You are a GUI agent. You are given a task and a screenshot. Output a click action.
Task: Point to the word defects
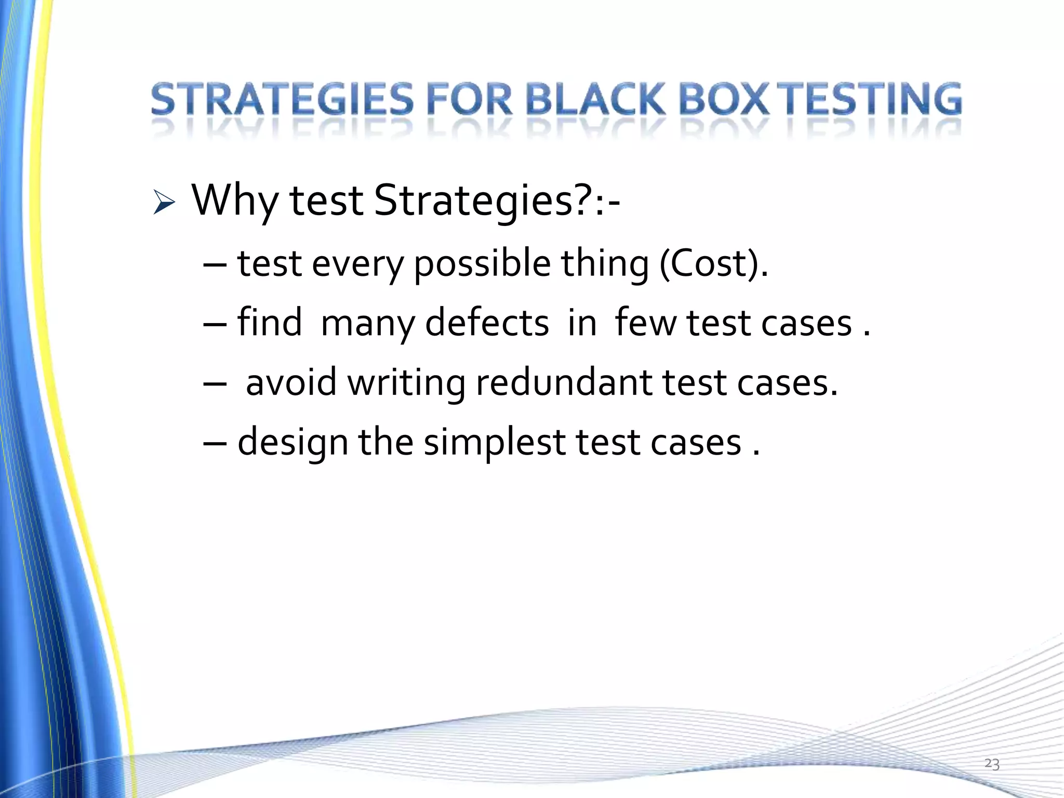487,323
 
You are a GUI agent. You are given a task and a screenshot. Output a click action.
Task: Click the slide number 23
991,764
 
